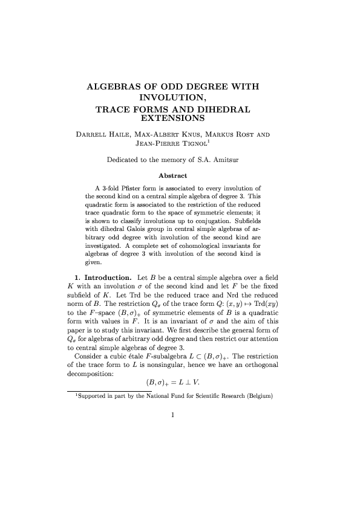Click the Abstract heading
pyautogui.click(x=173, y=175)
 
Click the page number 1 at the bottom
pyautogui.click(x=173, y=415)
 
